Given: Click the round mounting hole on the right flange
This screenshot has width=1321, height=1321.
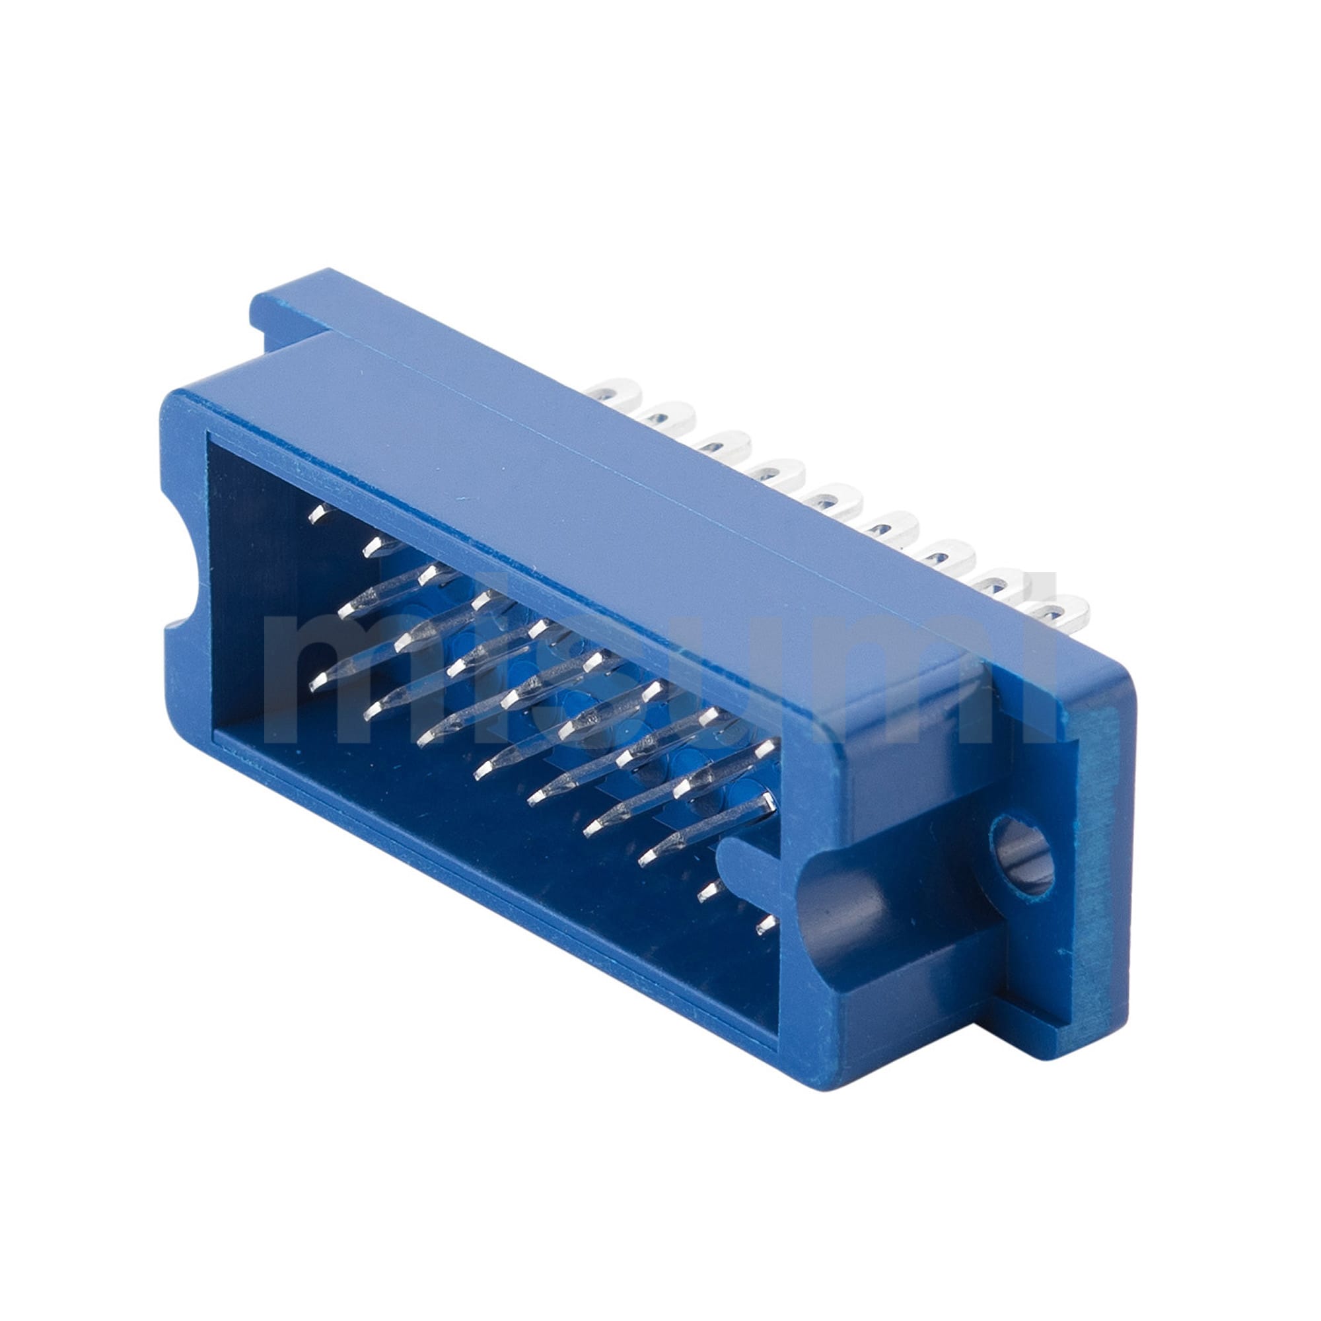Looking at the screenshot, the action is tap(1022, 853).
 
